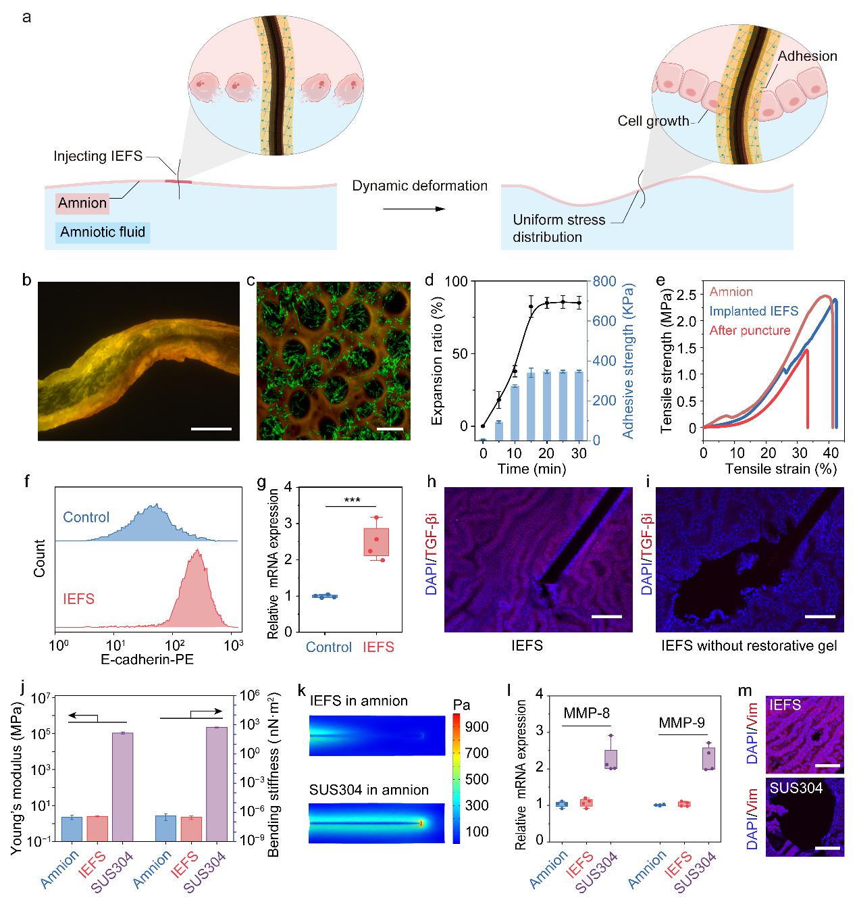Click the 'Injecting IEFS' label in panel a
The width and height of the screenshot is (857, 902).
98,157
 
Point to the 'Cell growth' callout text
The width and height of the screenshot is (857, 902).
653,122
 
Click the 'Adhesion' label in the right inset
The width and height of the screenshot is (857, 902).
807,57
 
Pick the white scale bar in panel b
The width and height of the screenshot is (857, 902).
211,428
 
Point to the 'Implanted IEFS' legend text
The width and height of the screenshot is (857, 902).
754,311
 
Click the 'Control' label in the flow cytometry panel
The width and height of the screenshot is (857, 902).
86,518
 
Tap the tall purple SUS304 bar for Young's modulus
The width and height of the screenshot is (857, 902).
122,786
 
